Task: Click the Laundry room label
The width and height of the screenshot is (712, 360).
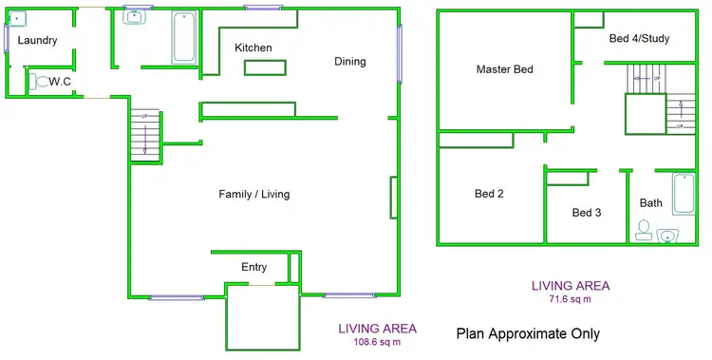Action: click(x=37, y=41)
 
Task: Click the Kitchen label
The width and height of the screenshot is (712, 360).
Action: click(x=253, y=47)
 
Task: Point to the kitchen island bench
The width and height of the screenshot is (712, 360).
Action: click(x=265, y=66)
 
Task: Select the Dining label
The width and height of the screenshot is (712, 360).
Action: click(x=349, y=62)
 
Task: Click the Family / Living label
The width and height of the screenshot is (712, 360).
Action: click(x=253, y=195)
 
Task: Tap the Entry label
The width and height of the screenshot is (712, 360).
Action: click(x=253, y=267)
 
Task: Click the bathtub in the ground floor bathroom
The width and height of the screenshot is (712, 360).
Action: click(x=183, y=37)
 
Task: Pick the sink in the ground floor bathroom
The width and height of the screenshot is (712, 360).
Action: click(x=133, y=17)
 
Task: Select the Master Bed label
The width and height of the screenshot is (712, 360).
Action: click(x=504, y=69)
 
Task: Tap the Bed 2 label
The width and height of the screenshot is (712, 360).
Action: click(x=489, y=194)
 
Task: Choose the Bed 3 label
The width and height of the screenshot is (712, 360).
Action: click(x=586, y=212)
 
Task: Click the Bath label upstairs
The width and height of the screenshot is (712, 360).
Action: click(x=650, y=202)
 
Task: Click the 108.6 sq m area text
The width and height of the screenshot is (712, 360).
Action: click(x=377, y=342)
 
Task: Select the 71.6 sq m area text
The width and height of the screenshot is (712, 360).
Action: click(x=570, y=298)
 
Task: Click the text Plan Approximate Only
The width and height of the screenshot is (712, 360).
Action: click(x=528, y=333)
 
